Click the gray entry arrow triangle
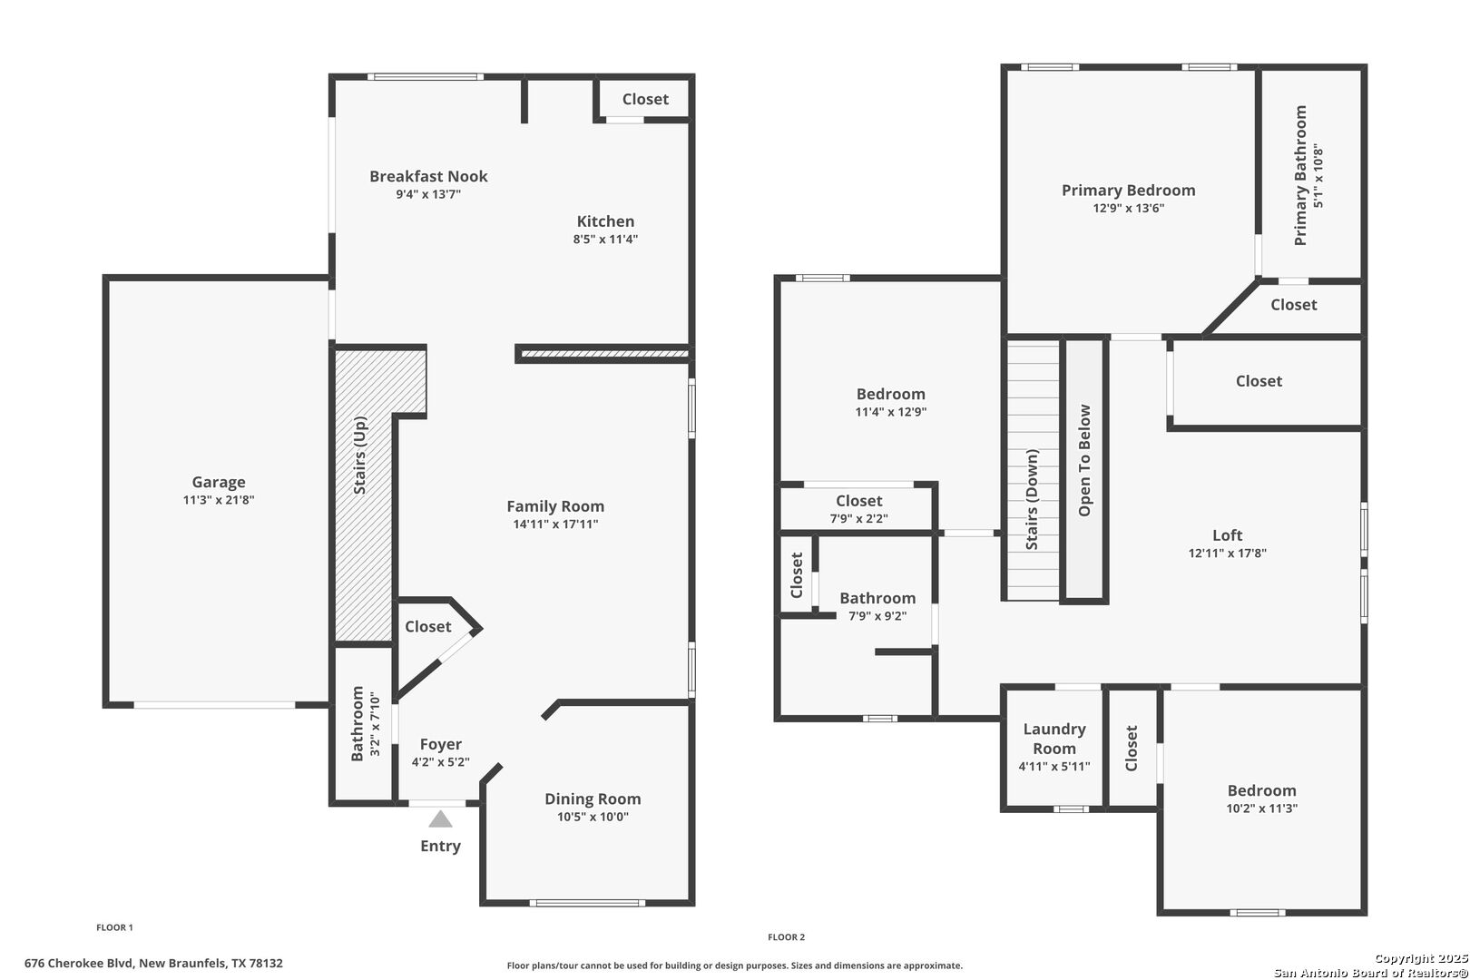tap(440, 819)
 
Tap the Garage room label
tap(219, 482)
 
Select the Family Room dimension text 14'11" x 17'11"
tap(555, 524)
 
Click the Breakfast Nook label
tap(428, 176)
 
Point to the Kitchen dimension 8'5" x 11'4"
tap(605, 239)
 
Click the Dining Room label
tap(593, 799)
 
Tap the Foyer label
tap(440, 744)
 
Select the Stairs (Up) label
tap(359, 455)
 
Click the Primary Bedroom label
tap(1128, 191)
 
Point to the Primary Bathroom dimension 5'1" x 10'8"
tap(1318, 175)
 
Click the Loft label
tap(1227, 535)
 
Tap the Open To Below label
tap(1084, 460)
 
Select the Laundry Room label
tap(1054, 739)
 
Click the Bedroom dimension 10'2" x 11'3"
tap(1262, 808)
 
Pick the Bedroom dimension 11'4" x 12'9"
tap(890, 412)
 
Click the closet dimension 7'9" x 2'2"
tap(859, 518)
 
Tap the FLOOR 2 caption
tap(786, 937)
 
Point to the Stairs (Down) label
tap(1032, 499)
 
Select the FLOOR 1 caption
tap(115, 927)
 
